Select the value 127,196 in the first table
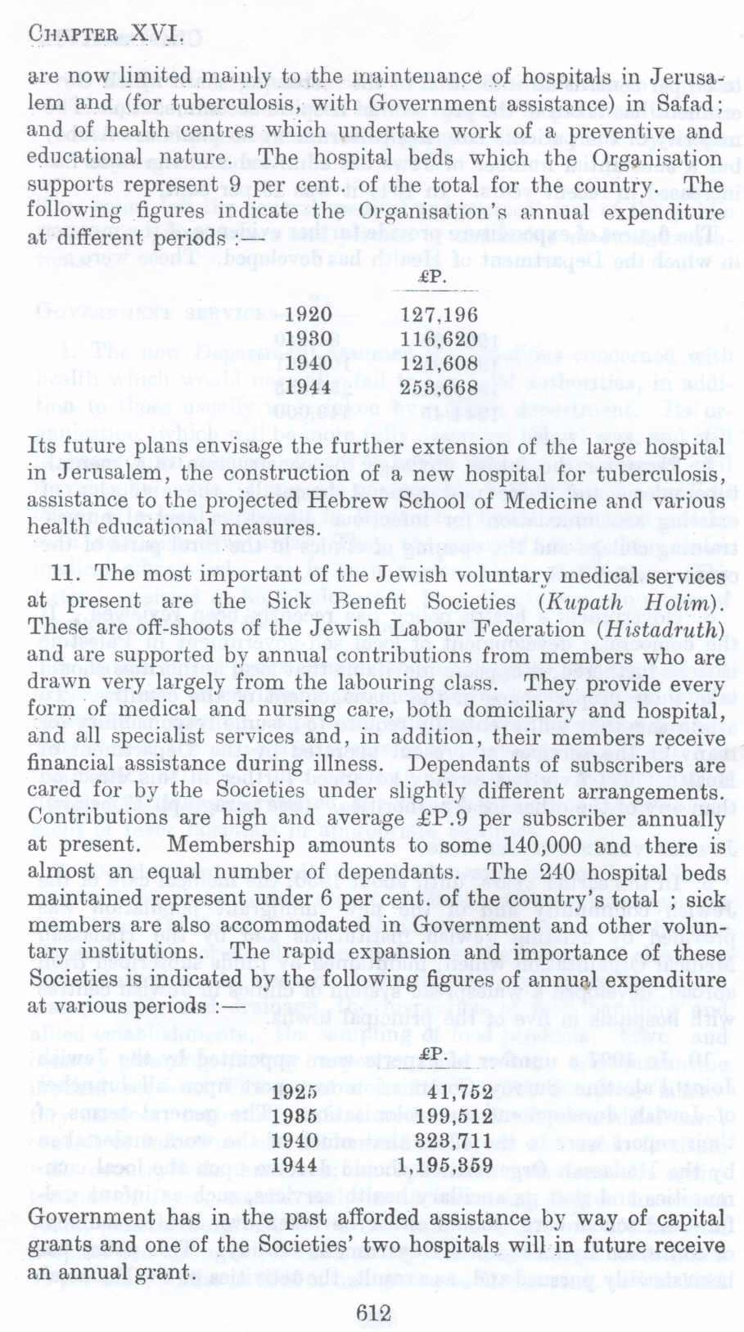click(x=439, y=315)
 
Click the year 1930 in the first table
click(x=309, y=338)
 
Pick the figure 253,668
click(x=439, y=385)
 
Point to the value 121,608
click(x=439, y=362)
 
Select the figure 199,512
click(x=452, y=1116)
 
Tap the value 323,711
click(x=452, y=1140)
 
